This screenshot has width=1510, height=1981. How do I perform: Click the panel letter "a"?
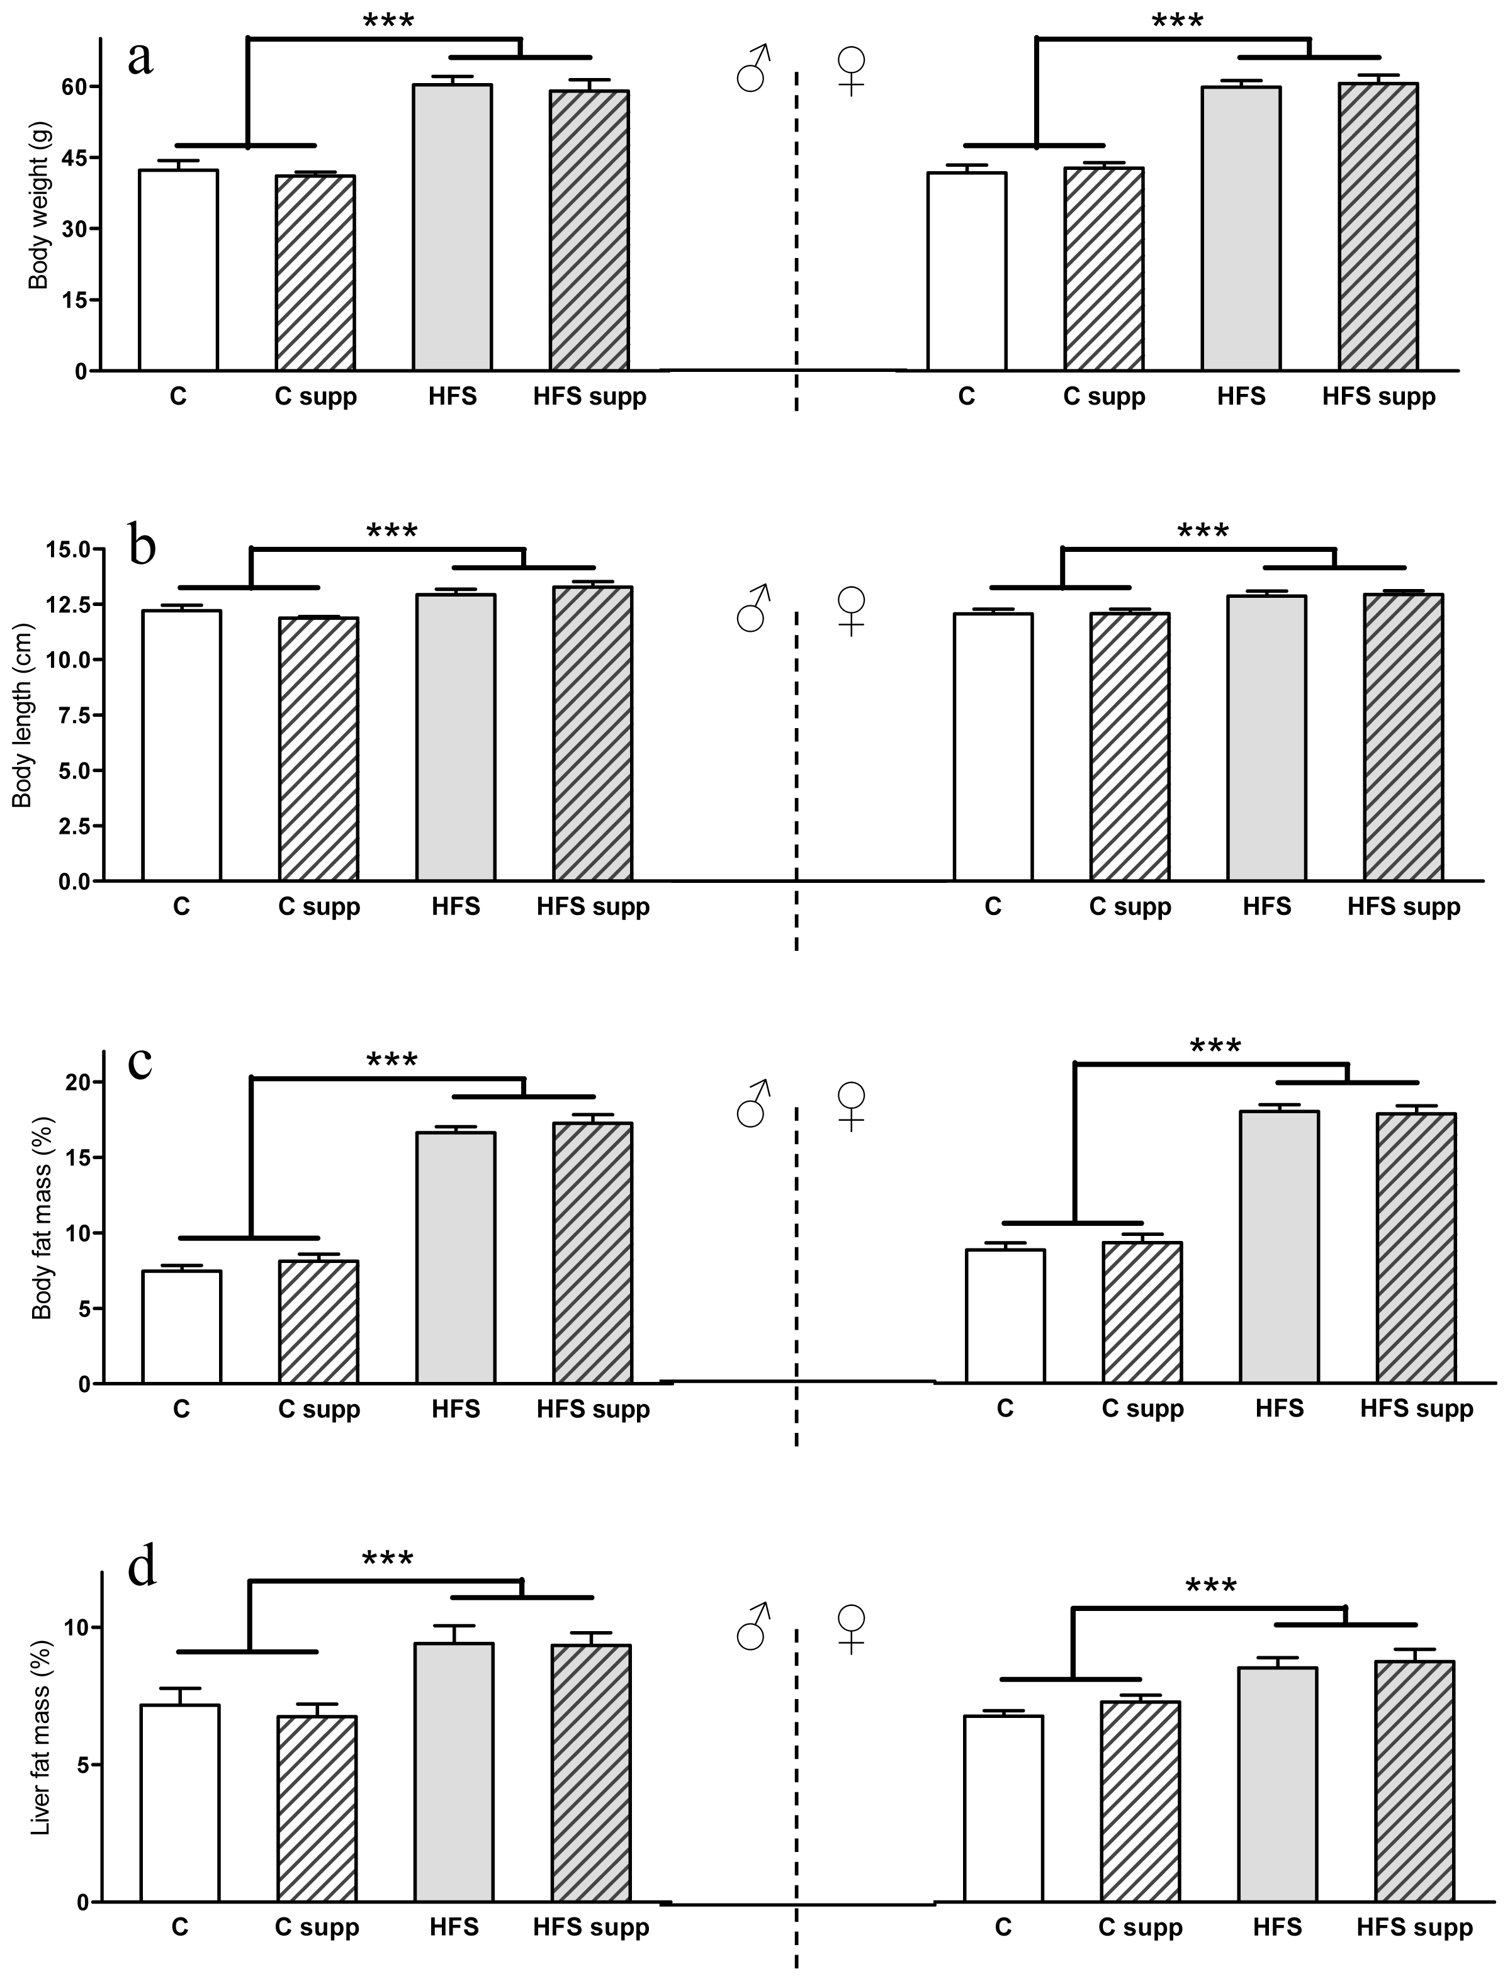(140, 59)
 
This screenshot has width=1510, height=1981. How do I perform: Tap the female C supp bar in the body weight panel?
(1104, 269)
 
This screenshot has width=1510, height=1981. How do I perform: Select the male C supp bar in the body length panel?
(318, 749)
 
